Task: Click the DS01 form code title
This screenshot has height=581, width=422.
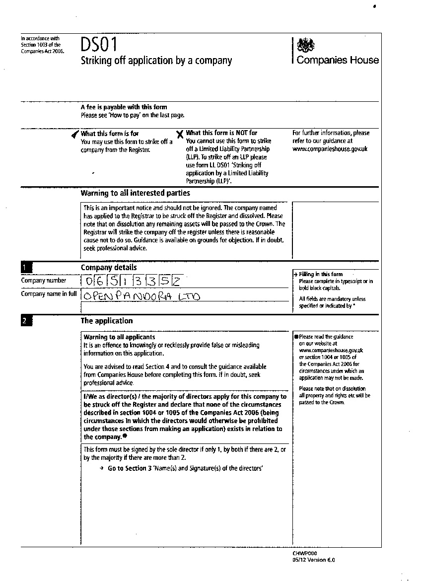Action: pos(99,45)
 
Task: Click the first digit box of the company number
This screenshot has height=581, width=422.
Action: pos(89,281)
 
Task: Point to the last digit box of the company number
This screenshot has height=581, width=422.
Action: pos(176,281)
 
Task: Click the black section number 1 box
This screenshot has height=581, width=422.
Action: pos(26,268)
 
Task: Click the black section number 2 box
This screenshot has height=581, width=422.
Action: pos(26,321)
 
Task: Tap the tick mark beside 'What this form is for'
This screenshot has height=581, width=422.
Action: pos(75,134)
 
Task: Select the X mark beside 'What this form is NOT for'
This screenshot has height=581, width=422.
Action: pos(180,134)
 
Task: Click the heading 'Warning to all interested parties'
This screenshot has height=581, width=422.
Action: pos(135,193)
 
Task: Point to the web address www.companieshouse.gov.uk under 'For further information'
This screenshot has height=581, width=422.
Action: pos(330,148)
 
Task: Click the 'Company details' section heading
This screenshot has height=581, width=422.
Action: pos(109,268)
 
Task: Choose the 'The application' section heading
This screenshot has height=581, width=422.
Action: pos(107,321)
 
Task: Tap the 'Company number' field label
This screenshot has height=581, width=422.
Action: pos(43,281)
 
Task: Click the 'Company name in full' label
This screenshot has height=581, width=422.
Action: pos(49,293)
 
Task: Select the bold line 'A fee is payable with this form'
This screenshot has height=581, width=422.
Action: pos(124,107)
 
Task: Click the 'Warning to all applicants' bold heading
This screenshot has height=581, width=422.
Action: pos(119,337)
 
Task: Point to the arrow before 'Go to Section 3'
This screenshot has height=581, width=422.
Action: pos(101,468)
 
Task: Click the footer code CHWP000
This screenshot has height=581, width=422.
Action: pos(305,553)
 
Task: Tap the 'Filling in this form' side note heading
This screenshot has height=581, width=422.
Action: pos(321,274)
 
